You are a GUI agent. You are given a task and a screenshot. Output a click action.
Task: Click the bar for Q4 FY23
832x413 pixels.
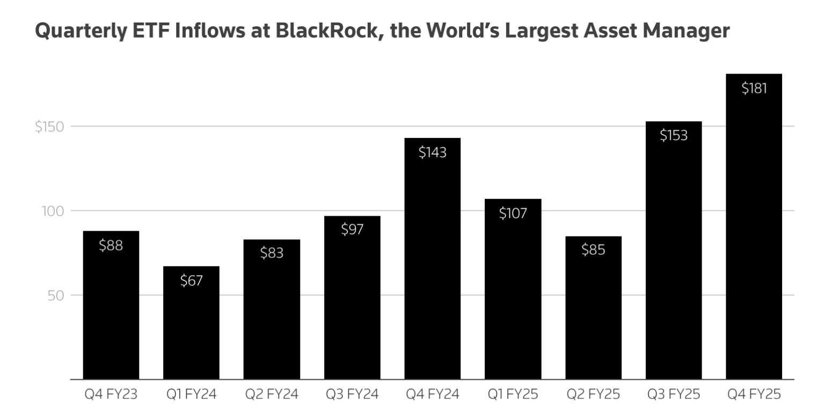pyautogui.click(x=111, y=306)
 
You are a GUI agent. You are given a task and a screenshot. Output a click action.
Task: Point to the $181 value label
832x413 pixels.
pyautogui.click(x=754, y=88)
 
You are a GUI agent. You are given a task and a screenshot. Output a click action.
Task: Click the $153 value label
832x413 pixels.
pyautogui.click(x=673, y=136)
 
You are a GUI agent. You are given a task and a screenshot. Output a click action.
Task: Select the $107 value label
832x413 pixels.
pyautogui.click(x=513, y=213)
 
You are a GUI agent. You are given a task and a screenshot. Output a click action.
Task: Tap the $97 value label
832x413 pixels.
pyautogui.click(x=352, y=230)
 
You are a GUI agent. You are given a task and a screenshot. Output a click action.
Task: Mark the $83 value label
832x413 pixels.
pyautogui.click(x=272, y=253)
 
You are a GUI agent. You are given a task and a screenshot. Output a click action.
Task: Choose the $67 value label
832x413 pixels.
pyautogui.click(x=191, y=280)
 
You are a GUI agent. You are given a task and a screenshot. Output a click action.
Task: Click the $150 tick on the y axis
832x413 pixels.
pyautogui.click(x=49, y=127)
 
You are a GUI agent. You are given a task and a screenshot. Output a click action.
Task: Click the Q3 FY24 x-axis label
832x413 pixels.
pyautogui.click(x=352, y=395)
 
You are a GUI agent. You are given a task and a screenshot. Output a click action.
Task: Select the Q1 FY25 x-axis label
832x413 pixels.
pyautogui.click(x=513, y=395)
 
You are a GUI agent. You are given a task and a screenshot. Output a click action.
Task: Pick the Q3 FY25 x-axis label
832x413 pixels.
pyautogui.click(x=673, y=395)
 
